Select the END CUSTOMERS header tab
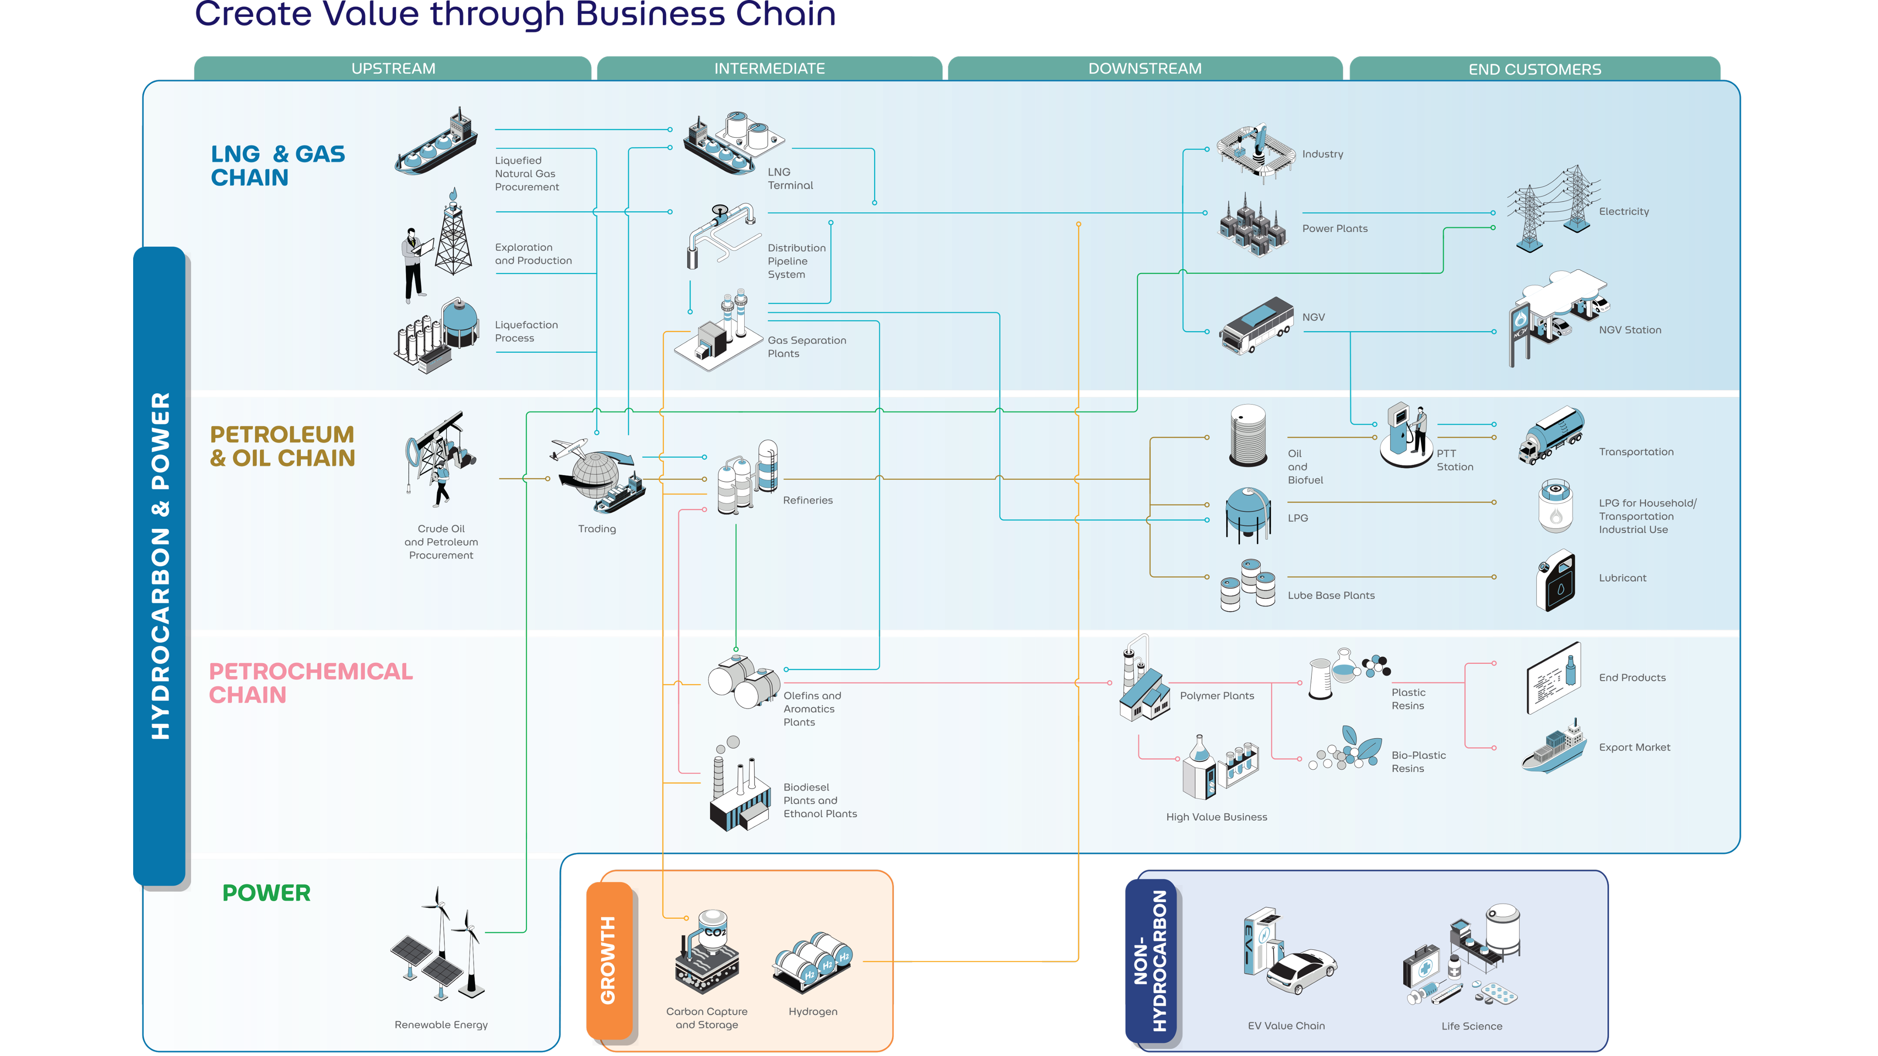coord(1535,69)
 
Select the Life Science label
coord(1471,1026)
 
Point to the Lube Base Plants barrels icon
coord(1248,584)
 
